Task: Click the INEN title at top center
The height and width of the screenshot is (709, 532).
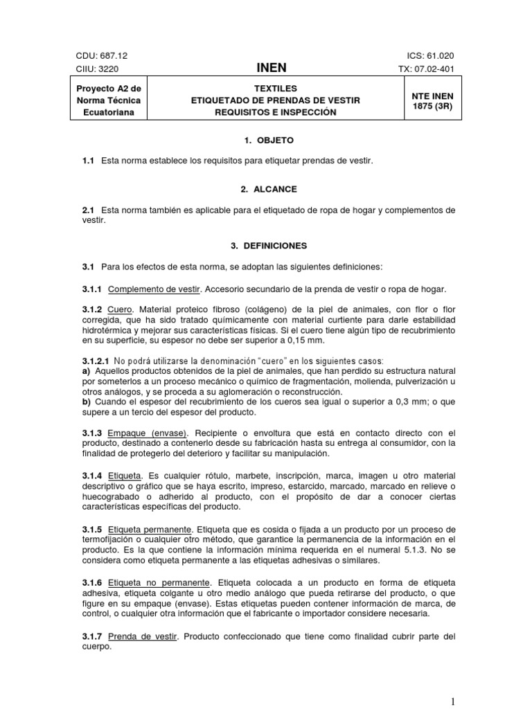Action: pos(271,68)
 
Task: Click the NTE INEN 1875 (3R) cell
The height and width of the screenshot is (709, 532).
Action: pos(432,101)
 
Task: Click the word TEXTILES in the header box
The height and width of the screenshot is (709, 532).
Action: pos(275,89)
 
